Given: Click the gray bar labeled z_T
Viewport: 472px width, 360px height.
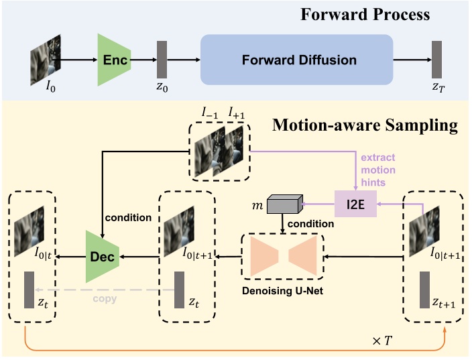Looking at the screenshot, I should pyautogui.click(x=437, y=59).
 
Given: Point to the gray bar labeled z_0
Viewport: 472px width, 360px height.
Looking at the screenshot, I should pyautogui.click(x=162, y=59).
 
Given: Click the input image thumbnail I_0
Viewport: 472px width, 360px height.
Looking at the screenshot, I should pyautogui.click(x=46, y=58).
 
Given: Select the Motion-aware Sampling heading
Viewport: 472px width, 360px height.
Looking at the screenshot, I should pyautogui.click(x=365, y=124).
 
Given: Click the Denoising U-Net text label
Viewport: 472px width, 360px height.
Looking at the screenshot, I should pyautogui.click(x=282, y=291).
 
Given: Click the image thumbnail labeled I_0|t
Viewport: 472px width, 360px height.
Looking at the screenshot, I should pyautogui.click(x=29, y=222).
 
